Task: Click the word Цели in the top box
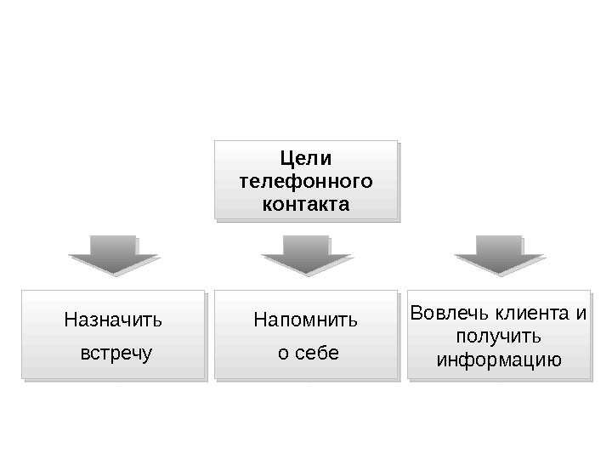[x=306, y=159]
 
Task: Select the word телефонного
[x=306, y=182]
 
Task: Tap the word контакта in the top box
[x=306, y=205]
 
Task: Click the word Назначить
[x=113, y=321]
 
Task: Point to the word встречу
[x=116, y=352]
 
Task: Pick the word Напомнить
[x=306, y=321]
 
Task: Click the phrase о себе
[x=309, y=352]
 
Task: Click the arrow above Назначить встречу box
[x=114, y=255]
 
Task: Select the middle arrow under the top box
[x=306, y=255]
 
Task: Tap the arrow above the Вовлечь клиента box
[x=499, y=255]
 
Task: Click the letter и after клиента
[x=581, y=314]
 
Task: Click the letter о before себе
[x=283, y=353]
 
